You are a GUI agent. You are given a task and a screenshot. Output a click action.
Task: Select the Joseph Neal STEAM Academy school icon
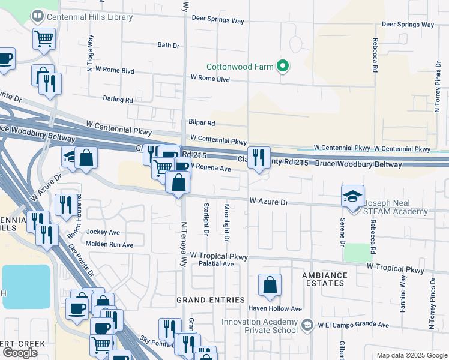point(352,196)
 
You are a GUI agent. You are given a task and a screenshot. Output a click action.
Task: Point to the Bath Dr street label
point(168,45)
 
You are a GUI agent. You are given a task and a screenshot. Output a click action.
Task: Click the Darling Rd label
point(118,100)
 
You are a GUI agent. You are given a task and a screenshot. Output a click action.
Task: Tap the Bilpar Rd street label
point(202,122)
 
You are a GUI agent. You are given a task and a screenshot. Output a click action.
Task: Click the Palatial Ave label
point(216,263)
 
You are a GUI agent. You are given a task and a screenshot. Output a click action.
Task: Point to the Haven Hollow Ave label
point(275,308)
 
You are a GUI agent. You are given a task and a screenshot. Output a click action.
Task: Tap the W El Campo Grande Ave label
point(354,325)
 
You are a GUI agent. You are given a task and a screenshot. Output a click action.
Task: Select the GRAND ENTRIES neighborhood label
point(210,299)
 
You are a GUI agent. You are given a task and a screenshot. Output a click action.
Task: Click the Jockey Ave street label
point(103,232)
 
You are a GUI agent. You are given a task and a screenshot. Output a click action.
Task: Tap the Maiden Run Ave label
point(109,244)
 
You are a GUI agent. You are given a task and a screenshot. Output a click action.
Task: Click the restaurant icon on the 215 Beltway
point(259,158)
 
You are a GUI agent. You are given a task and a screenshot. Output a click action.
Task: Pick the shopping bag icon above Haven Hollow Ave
point(270,285)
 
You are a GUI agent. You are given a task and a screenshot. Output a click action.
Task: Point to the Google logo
point(20,353)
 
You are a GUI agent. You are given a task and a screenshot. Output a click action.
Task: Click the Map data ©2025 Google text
point(411,355)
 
